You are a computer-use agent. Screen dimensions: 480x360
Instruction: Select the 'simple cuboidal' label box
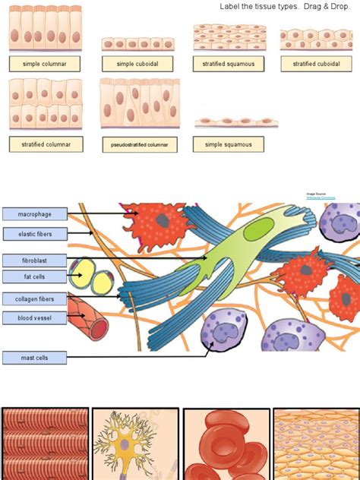(x=137, y=64)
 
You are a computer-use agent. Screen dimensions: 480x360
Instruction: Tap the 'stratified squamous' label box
(x=229, y=64)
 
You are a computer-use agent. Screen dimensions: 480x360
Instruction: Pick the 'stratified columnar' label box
(x=46, y=144)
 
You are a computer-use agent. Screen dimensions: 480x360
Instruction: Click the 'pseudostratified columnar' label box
(x=139, y=144)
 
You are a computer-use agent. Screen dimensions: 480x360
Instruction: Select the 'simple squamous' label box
(x=229, y=144)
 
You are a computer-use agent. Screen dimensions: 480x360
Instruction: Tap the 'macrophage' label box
(x=35, y=214)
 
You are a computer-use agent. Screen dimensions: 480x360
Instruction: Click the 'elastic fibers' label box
(x=35, y=234)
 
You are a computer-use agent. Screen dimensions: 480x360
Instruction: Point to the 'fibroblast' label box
(x=35, y=260)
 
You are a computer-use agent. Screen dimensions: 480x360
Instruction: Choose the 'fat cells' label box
(x=35, y=276)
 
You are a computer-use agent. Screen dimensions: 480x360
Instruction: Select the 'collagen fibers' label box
(x=35, y=298)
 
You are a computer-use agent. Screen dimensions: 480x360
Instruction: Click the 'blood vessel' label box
(x=35, y=317)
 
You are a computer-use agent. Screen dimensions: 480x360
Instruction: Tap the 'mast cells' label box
(x=35, y=357)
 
